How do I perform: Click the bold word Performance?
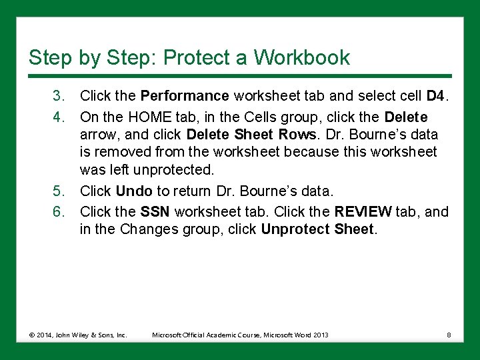click(185, 97)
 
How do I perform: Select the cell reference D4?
click(435, 97)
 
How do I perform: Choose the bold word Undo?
click(134, 192)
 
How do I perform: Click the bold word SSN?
click(154, 211)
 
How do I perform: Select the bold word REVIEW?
click(363, 211)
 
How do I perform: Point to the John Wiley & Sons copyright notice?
click(77, 335)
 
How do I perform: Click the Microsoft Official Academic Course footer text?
click(240, 335)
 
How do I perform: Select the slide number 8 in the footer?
click(449, 335)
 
